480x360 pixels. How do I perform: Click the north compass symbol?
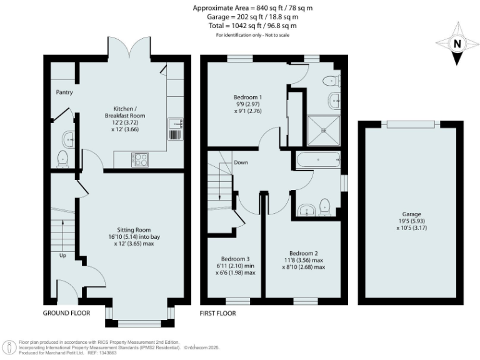[x=457, y=44]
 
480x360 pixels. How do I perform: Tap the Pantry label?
[x=64, y=92]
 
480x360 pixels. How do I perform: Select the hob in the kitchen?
[x=140, y=159]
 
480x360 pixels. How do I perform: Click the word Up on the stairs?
[x=62, y=256]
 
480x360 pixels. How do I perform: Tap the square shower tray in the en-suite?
[x=324, y=130]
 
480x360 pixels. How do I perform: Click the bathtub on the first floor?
[x=318, y=161]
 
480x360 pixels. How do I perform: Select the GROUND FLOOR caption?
[x=66, y=313]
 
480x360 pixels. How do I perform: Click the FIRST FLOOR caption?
[x=217, y=313]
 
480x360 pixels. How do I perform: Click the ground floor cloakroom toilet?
[x=62, y=160]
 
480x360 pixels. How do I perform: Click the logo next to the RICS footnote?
[x=9, y=346]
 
